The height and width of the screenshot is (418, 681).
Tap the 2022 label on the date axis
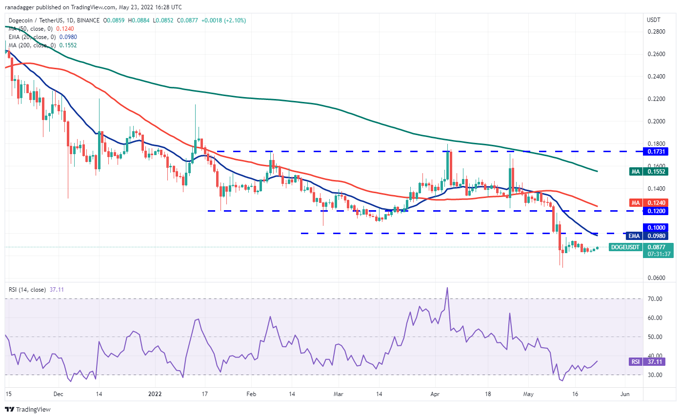[155, 394]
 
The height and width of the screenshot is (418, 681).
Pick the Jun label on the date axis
[624, 394]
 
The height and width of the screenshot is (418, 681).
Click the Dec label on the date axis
[58, 394]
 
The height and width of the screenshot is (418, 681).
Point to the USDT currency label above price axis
[654, 20]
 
